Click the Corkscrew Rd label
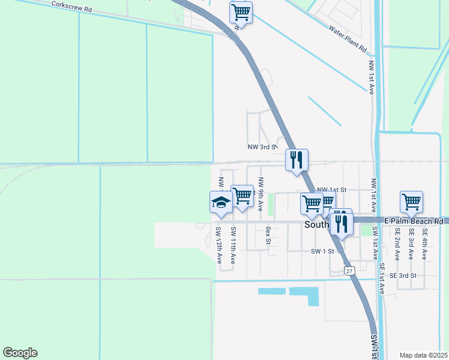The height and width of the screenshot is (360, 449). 71,7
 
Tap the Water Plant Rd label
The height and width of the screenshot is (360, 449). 348,39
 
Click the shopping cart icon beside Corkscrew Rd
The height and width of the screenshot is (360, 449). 241,11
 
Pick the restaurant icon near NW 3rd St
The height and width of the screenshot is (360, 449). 297,160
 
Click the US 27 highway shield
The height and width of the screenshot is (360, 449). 350,271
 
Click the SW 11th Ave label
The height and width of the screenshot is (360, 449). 232,247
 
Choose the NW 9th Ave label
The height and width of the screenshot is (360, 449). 261,194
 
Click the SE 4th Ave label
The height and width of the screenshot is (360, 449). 424,243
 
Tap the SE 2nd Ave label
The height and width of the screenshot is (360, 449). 397,243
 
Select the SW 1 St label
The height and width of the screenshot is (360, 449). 322,251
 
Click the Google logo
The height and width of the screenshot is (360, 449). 20,353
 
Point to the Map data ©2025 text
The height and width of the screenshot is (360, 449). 423,355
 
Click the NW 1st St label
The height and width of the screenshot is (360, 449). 332,189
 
